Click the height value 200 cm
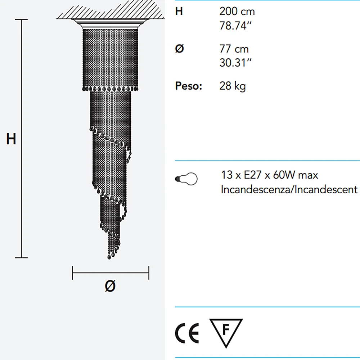(x=237, y=12)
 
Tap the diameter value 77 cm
(x=234, y=49)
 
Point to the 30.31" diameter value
(x=235, y=63)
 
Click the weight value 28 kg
(x=233, y=86)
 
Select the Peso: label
(x=189, y=86)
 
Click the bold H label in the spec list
(x=179, y=12)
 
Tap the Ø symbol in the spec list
(x=179, y=49)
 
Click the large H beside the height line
(x=11, y=139)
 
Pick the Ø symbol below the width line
(x=111, y=286)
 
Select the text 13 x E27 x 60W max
(x=270, y=175)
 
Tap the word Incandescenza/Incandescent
(x=289, y=189)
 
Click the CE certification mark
(x=187, y=334)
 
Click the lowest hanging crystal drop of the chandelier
(x=109, y=257)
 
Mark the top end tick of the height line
(x=22, y=19)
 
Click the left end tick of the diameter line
(x=73, y=273)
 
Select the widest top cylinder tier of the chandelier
(x=110, y=58)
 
